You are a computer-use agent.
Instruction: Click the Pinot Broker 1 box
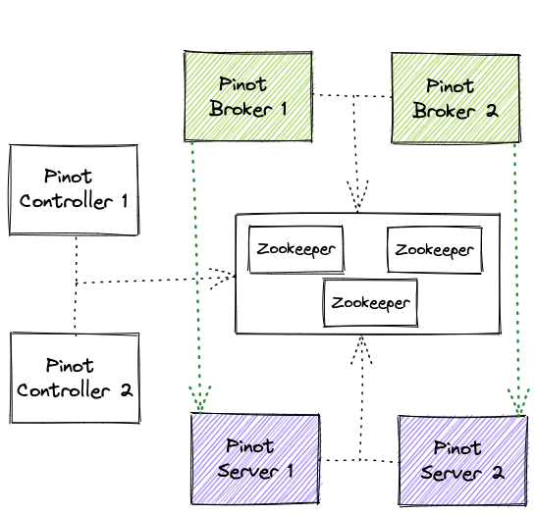click(248, 96)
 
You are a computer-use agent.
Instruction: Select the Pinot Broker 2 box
click(455, 96)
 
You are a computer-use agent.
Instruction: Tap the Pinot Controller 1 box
click(75, 189)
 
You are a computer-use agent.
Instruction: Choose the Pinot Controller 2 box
click(75, 378)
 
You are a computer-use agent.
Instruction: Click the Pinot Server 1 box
click(256, 459)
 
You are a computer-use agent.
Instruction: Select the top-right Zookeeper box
click(434, 250)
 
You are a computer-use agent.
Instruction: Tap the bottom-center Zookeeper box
click(370, 302)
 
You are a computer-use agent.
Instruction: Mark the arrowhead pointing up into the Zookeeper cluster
click(361, 347)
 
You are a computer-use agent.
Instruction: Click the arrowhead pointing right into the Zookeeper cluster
click(223, 277)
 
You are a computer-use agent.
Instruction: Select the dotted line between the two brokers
click(351, 96)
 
